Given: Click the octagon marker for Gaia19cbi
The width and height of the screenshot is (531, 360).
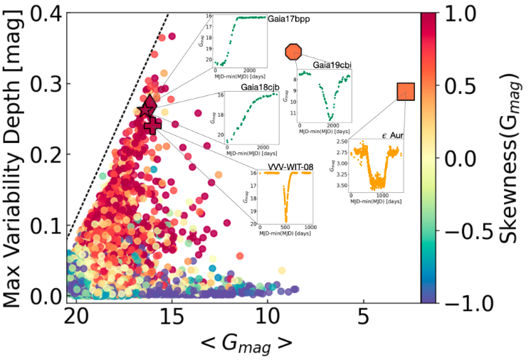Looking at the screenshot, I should (x=294, y=51).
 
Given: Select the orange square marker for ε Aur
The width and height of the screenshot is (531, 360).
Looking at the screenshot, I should (x=406, y=91).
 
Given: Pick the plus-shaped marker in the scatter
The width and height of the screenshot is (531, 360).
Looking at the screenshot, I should (x=152, y=125).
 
